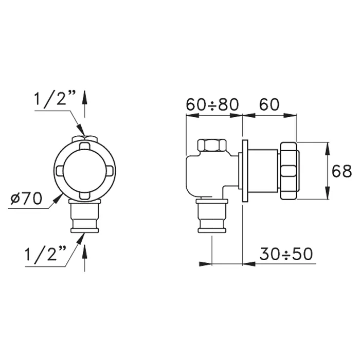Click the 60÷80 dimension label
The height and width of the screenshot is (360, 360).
tap(212, 104)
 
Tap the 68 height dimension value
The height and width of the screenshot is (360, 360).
tap(341, 171)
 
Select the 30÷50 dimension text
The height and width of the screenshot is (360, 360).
tap(286, 254)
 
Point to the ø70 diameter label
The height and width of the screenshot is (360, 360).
tap(26, 198)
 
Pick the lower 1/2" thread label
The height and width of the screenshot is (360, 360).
tap(45, 254)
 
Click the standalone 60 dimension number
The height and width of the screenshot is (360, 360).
tap(269, 104)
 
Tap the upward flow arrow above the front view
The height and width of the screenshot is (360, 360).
tap(84, 104)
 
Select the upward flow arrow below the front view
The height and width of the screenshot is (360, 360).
tap(84, 258)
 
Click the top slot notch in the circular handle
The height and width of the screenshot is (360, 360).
tap(85, 146)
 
